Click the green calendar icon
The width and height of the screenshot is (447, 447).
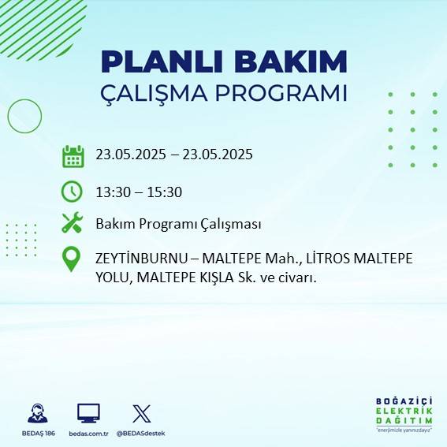[73, 156]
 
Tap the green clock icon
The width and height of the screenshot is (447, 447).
[72, 191]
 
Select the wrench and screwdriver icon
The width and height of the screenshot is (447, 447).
[72, 223]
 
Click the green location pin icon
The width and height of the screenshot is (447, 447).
[72, 259]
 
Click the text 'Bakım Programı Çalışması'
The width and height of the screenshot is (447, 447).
[178, 224]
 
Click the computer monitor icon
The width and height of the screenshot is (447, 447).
[88, 413]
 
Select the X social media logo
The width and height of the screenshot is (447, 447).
[142, 413]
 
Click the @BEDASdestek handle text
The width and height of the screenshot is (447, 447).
[142, 434]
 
